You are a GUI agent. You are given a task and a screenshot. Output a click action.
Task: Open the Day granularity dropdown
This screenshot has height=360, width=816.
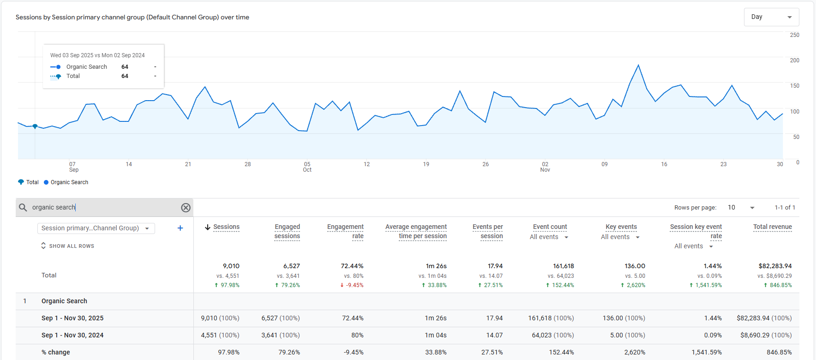(x=771, y=17)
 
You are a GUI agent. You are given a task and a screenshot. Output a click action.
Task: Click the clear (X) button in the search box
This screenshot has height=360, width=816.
(x=186, y=208)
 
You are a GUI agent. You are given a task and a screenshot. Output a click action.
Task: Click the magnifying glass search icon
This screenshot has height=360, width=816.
(x=23, y=208)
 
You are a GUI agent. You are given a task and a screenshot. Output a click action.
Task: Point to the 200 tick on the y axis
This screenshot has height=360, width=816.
(x=794, y=60)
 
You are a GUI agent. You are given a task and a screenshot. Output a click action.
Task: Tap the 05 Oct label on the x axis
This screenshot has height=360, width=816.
(x=307, y=167)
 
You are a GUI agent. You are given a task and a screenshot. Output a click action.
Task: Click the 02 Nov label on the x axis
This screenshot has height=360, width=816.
(x=545, y=167)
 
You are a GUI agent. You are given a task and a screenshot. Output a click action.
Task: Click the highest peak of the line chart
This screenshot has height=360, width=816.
(x=638, y=65)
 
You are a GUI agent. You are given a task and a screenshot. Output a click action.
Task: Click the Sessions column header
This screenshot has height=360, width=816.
(x=226, y=227)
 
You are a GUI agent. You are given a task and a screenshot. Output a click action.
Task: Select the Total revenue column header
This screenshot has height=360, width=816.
(x=772, y=227)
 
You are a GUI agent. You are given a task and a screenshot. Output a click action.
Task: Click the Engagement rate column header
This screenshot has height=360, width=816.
(x=345, y=231)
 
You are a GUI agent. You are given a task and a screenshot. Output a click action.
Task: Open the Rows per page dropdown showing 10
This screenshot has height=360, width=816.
(x=741, y=208)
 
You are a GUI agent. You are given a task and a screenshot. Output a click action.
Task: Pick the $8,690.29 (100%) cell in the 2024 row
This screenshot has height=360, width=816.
(x=766, y=335)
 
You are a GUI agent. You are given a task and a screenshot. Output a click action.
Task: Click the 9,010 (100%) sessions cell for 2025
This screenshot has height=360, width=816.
(x=220, y=318)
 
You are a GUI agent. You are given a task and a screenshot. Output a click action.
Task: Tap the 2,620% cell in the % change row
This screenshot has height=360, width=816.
(x=635, y=352)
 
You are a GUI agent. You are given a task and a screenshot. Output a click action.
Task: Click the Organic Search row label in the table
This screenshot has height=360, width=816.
(x=64, y=301)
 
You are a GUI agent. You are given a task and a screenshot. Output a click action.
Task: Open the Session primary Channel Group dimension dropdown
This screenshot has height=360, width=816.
(x=96, y=228)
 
